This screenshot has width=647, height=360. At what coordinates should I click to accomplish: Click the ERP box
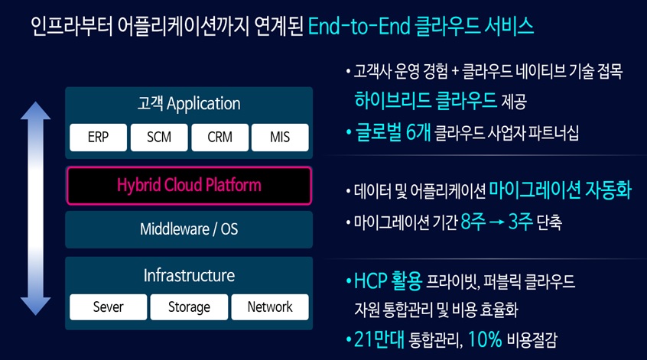[x=98, y=138]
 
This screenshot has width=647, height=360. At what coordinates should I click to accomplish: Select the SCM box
[x=159, y=138]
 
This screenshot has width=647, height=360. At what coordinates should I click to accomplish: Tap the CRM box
[x=220, y=138]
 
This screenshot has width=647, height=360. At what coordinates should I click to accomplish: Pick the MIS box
[x=280, y=138]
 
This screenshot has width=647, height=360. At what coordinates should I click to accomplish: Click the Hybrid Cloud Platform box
[x=189, y=186]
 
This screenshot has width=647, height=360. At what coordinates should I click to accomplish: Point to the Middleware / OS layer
[x=189, y=229]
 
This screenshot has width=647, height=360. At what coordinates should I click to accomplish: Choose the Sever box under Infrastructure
[x=108, y=307]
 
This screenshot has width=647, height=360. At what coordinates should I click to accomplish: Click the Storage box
[x=189, y=307]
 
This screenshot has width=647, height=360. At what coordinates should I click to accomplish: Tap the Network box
[x=270, y=307]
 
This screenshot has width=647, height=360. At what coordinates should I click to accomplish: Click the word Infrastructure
[x=189, y=275]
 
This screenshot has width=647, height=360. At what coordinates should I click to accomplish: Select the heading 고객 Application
[x=189, y=103]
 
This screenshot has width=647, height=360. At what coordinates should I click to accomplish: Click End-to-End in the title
[x=359, y=27]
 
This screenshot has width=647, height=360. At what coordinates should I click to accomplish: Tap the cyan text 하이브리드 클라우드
[x=425, y=100]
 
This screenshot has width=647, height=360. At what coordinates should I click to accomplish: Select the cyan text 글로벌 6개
[x=393, y=132]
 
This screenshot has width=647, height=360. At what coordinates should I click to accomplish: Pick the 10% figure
[x=485, y=339]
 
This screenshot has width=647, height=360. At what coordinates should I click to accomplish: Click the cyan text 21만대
[x=379, y=340]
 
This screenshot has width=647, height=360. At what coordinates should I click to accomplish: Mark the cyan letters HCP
[x=371, y=281]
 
